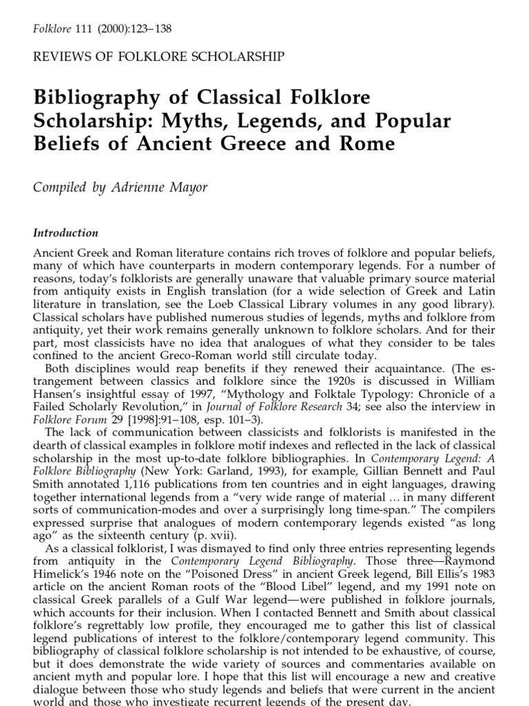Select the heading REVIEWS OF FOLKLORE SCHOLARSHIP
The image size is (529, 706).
click(158, 57)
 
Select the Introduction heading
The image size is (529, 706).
click(65, 233)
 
